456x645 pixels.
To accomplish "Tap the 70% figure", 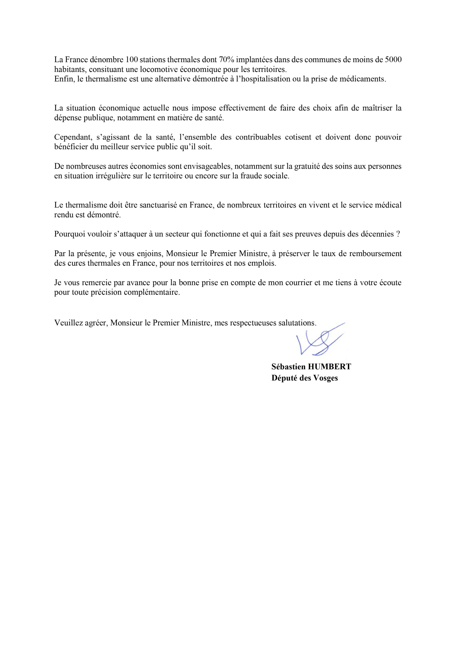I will (x=226, y=60).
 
